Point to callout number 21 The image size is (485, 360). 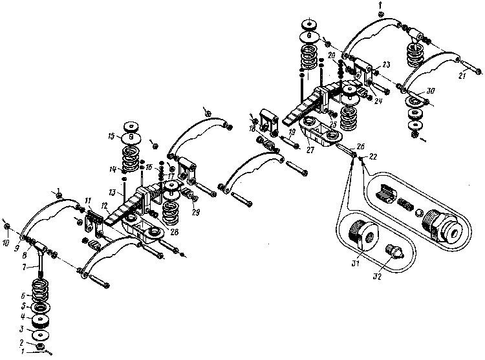pos(461,76)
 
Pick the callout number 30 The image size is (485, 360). pos(429,91)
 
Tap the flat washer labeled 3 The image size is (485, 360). pos(42,336)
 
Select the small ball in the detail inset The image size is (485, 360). pos(419,213)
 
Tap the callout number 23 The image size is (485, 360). pos(386,65)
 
